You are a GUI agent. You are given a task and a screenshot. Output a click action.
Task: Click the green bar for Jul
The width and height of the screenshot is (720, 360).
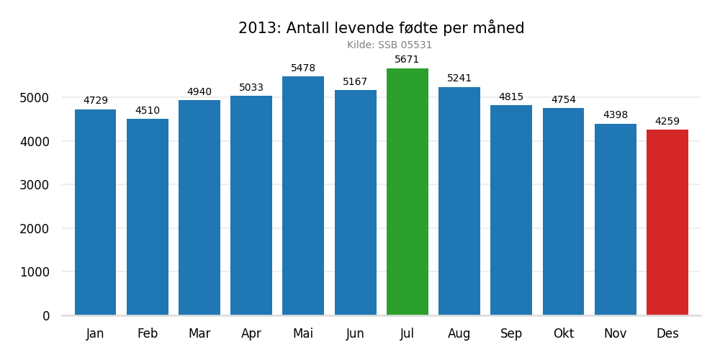pyautogui.click(x=407, y=192)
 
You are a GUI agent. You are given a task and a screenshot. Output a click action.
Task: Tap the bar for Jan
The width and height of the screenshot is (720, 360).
pyautogui.click(x=95, y=212)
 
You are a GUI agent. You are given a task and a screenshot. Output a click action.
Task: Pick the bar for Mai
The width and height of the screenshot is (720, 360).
pyautogui.click(x=303, y=195)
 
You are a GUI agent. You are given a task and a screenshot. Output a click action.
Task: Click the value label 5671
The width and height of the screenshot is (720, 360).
pyautogui.click(x=407, y=60)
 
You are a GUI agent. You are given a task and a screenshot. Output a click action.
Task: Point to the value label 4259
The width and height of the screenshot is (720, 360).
pyautogui.click(x=667, y=122)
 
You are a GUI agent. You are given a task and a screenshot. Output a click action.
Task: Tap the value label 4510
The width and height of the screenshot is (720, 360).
pyautogui.click(x=148, y=111)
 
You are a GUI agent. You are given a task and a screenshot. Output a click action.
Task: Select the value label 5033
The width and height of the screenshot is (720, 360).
pyautogui.click(x=251, y=88)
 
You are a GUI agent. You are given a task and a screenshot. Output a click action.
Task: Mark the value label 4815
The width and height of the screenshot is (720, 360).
pyautogui.click(x=511, y=97)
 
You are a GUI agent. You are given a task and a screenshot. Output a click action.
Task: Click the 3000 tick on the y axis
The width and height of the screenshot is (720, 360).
pyautogui.click(x=35, y=185)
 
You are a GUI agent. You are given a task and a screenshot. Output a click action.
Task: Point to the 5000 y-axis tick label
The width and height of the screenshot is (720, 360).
pyautogui.click(x=35, y=98)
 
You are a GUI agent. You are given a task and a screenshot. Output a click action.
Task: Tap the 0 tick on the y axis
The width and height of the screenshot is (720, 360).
pyautogui.click(x=46, y=316)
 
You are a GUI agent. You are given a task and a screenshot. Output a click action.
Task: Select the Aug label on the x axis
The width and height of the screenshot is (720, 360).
pyautogui.click(x=459, y=334)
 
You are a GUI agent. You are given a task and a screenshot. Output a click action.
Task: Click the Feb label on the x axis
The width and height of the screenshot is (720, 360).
pyautogui.click(x=148, y=334)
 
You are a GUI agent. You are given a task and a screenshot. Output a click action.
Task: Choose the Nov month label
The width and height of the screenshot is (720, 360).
pyautogui.click(x=615, y=334)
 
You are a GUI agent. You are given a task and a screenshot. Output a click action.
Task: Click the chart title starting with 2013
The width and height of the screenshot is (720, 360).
pyautogui.click(x=381, y=29)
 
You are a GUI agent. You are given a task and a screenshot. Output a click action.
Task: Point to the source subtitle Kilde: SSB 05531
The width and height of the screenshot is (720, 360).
pyautogui.click(x=390, y=45)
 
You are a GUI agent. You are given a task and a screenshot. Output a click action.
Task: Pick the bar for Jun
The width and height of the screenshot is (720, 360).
pyautogui.click(x=355, y=202)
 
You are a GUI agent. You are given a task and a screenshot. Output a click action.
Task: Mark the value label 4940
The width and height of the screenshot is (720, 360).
pyautogui.click(x=199, y=92)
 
